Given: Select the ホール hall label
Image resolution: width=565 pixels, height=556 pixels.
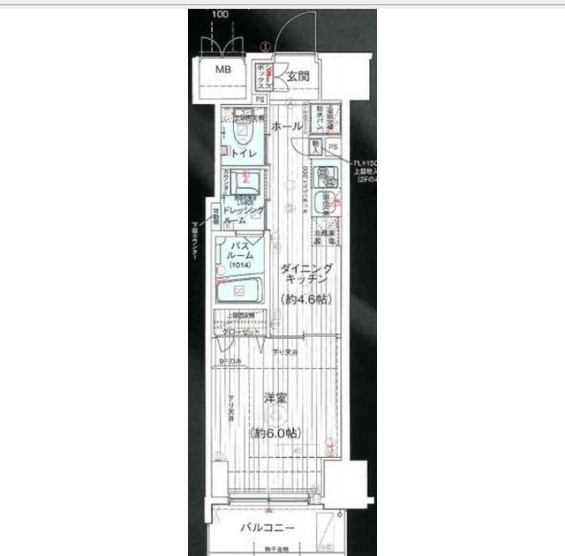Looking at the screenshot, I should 287,127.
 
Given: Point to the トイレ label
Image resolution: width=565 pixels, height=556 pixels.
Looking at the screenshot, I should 245,154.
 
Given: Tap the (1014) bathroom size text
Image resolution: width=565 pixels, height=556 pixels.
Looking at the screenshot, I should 240,266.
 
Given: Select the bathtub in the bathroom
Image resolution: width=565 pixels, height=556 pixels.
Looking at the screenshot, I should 240,290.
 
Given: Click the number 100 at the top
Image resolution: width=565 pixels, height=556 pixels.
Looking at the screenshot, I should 221,14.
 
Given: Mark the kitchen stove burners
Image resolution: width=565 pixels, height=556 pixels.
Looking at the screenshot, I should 325,205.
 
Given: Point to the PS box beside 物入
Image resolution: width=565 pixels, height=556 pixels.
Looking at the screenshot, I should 334,147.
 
